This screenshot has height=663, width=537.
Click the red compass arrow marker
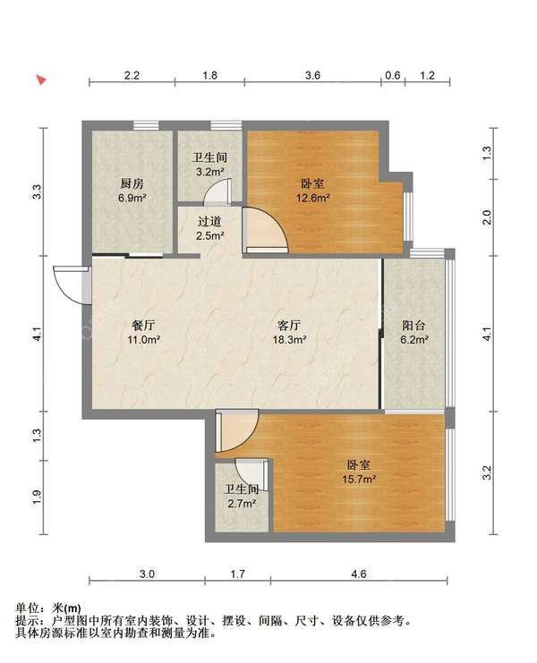[41, 80]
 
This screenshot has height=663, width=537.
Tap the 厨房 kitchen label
[132, 183]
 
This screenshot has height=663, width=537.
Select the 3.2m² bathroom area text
[209, 172]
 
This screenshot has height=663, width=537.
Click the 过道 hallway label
[209, 221]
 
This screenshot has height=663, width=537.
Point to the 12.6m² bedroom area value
[313, 198]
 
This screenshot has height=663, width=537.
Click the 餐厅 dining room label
[143, 325]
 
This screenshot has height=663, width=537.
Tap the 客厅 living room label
[289, 325]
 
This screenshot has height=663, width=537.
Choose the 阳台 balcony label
[413, 325]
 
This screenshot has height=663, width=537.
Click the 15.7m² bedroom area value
[359, 479]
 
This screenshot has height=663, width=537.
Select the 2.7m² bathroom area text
[242, 504]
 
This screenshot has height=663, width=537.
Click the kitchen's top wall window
[146, 125]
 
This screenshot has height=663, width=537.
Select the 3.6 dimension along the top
[312, 75]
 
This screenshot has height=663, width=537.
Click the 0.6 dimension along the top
[393, 75]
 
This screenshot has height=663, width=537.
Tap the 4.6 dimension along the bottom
[359, 574]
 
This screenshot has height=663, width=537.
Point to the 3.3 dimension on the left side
[38, 192]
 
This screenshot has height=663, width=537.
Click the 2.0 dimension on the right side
[487, 217]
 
